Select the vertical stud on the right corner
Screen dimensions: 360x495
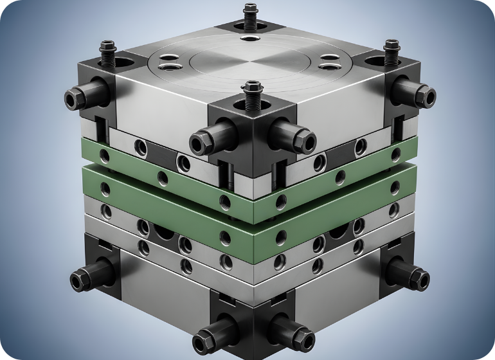tap(390, 51)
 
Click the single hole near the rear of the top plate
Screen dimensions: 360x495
tap(248, 39)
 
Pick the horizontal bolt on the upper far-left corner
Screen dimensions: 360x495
tap(78, 97)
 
